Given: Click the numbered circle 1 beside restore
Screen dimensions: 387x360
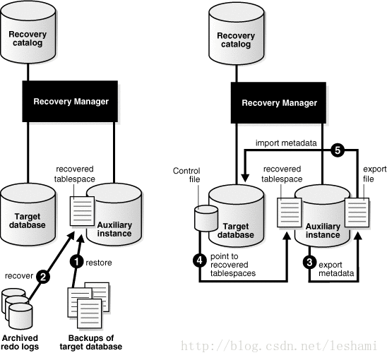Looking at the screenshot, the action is (77, 261).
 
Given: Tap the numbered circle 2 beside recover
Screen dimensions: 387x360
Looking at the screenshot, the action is (43, 277).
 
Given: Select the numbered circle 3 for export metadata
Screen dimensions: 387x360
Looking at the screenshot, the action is (309, 263).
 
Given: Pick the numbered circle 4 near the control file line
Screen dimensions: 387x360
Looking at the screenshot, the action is (200, 260).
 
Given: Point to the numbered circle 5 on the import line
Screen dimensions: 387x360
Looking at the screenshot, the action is (338, 150).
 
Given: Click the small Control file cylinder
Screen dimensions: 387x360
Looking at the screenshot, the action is (206, 219).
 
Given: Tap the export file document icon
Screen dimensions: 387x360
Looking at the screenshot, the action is (357, 212).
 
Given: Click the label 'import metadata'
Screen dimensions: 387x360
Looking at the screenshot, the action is (286, 143).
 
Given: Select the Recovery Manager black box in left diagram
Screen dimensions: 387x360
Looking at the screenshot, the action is (70, 102).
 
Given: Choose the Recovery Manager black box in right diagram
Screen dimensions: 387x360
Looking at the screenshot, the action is (278, 103).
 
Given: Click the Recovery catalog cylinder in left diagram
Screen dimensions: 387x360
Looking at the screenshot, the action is (28, 32).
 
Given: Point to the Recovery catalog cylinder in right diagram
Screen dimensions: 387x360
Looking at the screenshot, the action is (236, 34).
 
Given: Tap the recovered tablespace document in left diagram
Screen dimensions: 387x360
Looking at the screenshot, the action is (82, 211).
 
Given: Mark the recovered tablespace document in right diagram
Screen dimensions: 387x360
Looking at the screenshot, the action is (290, 212).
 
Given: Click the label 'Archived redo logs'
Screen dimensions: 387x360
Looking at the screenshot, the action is (20, 342).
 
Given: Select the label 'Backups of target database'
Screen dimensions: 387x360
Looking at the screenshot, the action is (91, 342).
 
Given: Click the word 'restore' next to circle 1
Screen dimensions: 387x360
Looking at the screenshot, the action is (99, 263).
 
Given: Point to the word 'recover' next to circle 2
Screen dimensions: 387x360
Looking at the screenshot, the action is (19, 275).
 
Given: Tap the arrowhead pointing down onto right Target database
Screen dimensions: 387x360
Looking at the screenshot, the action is (245, 178).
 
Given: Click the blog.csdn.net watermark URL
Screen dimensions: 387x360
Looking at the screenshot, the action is (279, 345).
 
